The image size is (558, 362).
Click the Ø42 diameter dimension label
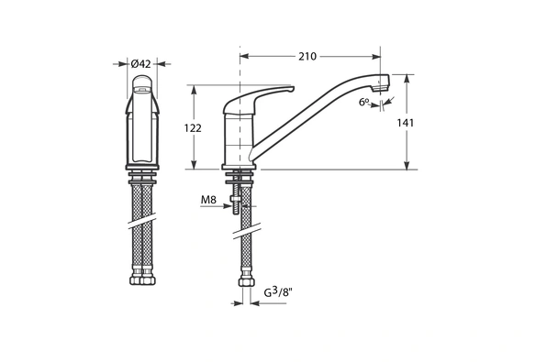[x=141, y=63]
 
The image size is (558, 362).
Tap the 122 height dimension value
[x=193, y=128]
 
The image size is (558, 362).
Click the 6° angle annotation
[x=364, y=102]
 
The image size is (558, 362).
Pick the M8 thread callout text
[x=209, y=199]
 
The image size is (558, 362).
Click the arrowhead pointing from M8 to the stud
[x=229, y=205]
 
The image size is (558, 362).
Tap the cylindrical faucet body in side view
[x=237, y=137]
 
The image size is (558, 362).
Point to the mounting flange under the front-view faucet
[x=142, y=174]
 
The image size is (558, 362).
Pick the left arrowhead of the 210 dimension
[x=243, y=57]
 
